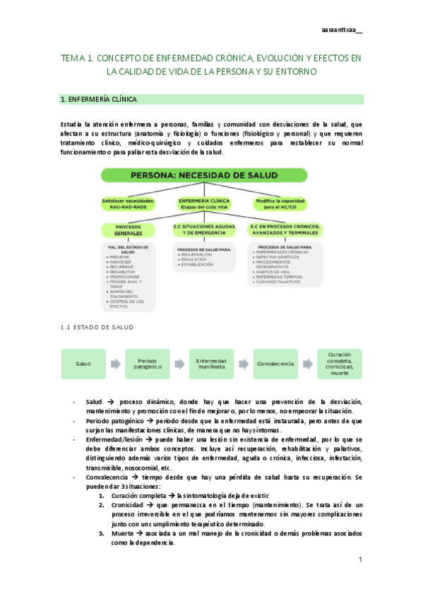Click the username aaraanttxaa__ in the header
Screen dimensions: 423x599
pyautogui.click(x=340, y=30)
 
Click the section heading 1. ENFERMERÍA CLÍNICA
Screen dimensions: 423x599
pyautogui.click(x=99, y=100)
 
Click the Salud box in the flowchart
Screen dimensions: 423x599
pyautogui.click(x=83, y=363)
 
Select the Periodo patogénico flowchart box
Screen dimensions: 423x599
pyautogui.click(x=147, y=363)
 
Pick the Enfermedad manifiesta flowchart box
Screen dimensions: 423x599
pyautogui.click(x=210, y=363)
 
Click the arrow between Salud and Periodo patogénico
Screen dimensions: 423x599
pyautogui.click(x=115, y=363)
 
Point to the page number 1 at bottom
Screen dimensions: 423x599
pyautogui.click(x=359, y=560)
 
